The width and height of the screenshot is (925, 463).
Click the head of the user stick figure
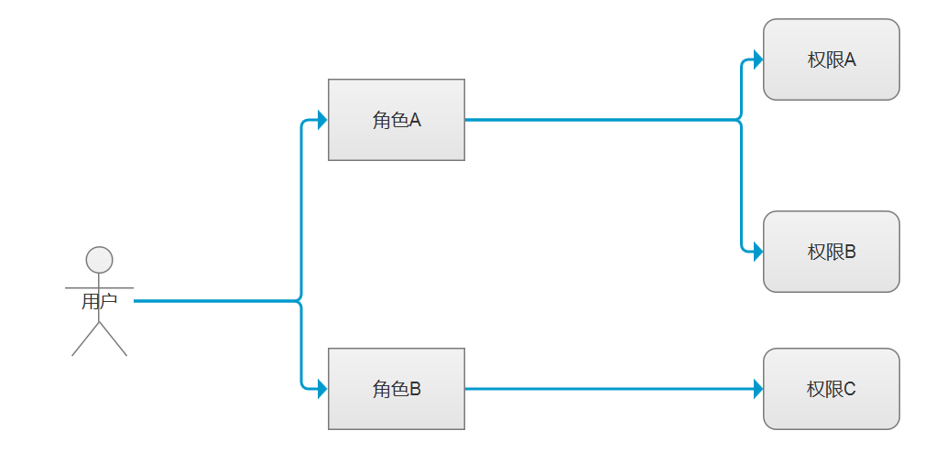point(99,260)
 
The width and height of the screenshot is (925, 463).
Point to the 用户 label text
point(99,301)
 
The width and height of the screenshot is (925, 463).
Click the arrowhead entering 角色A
point(321,120)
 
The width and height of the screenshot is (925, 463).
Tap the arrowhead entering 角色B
point(321,389)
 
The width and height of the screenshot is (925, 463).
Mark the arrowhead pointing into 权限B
point(757,252)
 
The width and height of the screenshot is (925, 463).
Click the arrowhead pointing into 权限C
point(757,389)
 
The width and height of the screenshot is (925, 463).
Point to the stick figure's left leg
point(84,341)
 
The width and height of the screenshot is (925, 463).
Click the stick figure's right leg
point(114,341)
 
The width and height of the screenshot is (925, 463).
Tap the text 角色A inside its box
point(396,120)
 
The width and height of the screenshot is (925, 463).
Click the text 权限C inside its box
point(831,389)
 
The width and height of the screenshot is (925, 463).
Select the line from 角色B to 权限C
point(604,389)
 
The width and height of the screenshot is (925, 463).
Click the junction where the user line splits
point(300,300)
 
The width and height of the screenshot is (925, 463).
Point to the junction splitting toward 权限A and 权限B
point(740,120)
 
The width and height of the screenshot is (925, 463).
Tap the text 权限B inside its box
point(831,252)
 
